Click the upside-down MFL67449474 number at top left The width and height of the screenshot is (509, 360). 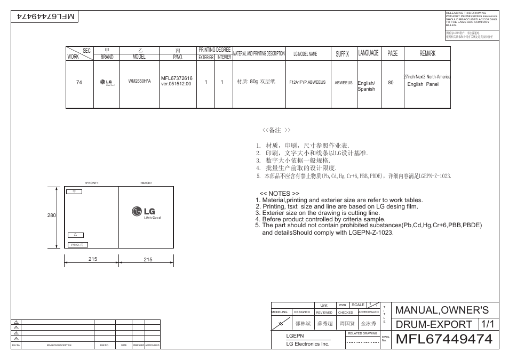(47, 17)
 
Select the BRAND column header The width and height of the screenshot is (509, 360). (107, 57)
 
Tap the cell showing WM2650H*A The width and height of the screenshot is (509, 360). (140, 82)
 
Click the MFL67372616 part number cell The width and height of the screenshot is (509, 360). (177, 81)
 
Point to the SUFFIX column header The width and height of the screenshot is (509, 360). (342, 54)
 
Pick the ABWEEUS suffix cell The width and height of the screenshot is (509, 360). (344, 83)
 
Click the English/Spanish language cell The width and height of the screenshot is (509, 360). (367, 86)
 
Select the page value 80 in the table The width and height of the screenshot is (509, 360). (391, 83)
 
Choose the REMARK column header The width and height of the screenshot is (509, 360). (427, 54)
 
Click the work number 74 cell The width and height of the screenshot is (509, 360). (79, 83)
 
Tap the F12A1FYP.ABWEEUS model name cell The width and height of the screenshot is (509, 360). (307, 83)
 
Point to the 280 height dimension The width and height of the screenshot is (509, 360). (51, 215)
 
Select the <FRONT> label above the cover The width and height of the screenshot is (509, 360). (92, 183)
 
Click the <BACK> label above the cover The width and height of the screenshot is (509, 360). (146, 183)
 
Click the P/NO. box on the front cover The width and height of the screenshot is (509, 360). (77, 245)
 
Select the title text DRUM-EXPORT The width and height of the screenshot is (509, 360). (434, 324)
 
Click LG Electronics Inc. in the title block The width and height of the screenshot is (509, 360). (308, 344)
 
